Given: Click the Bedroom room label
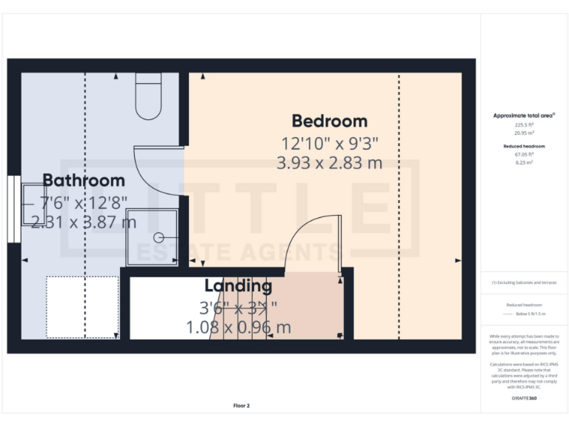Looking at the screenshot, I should pos(329,121).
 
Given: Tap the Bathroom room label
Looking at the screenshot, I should pos(83,180).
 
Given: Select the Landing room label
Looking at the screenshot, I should pos(238,285).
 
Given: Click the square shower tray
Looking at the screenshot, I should pos(152,236).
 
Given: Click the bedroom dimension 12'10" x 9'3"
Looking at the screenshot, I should pos(329,144).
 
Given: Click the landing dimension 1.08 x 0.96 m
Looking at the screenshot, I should pos(238,327).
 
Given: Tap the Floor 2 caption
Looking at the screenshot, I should pos(242,406).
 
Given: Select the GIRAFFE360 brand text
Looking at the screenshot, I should pos(525,398).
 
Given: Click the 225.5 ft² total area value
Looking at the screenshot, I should pos(525,125).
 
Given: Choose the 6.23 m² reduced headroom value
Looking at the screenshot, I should pos(525,162).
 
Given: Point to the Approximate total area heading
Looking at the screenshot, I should pos(524,116).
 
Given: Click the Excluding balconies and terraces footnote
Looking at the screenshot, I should pos(525,282).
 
